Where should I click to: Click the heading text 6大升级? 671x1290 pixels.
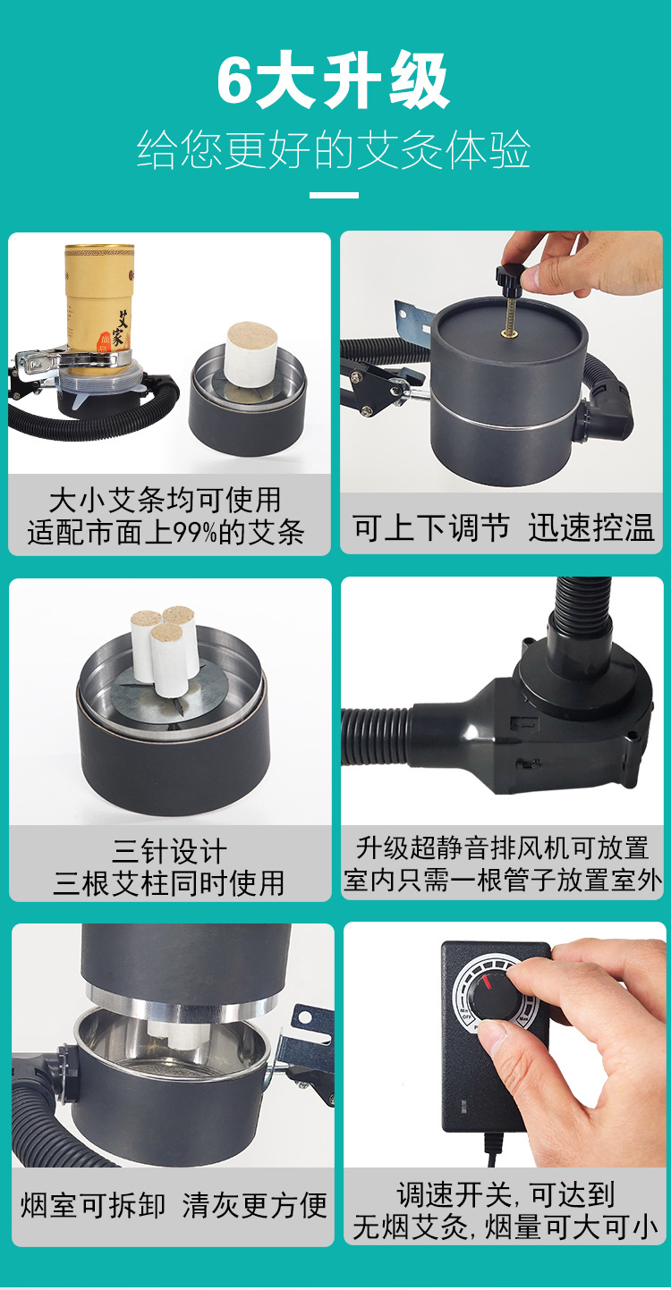[333, 80]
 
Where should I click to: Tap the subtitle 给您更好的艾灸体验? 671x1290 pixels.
[333, 150]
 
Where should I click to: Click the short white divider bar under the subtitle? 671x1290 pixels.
[334, 195]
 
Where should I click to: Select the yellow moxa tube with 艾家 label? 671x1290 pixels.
[99, 300]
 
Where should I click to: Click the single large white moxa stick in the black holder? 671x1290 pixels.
[251, 354]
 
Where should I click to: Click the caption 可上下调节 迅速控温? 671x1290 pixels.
[503, 527]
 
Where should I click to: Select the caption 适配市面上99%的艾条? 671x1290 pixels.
[166, 532]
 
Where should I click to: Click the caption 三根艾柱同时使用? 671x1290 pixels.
[169, 883]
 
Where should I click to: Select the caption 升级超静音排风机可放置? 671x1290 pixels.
[503, 848]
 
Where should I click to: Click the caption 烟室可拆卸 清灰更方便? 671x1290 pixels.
[174, 1205]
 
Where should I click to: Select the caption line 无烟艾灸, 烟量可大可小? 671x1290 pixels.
[505, 1227]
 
